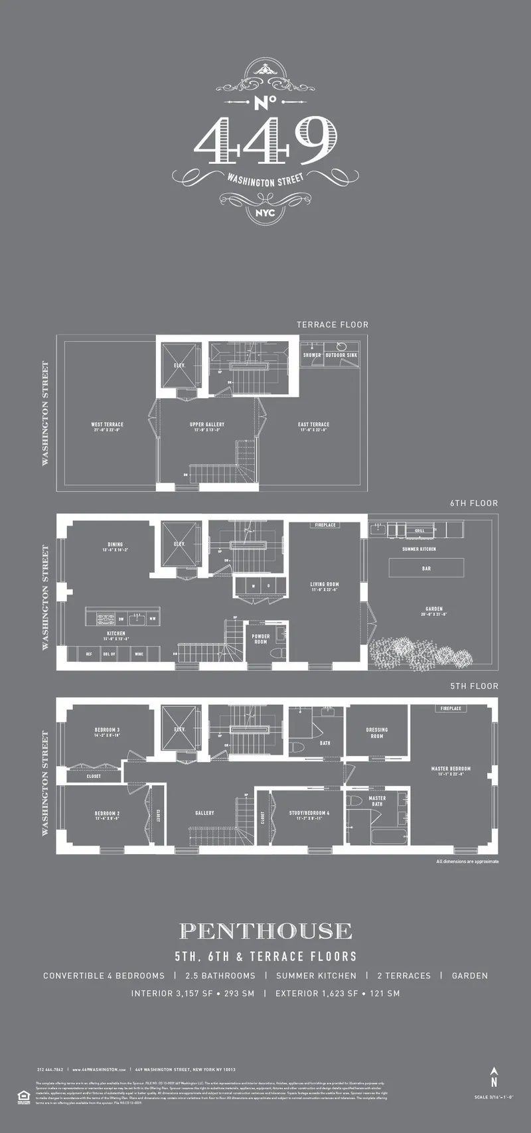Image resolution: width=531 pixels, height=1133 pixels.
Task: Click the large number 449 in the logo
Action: [265, 141]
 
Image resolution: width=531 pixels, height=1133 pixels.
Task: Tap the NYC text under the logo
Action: [265, 213]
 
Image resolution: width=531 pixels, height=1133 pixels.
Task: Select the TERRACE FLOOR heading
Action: [332, 325]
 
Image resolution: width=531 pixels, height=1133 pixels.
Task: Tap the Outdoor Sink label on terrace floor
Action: [341, 355]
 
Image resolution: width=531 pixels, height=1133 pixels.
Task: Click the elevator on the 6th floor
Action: [180, 543]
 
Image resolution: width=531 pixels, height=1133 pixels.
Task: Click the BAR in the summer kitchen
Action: [426, 568]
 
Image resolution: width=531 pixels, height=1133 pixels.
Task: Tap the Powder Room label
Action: [261, 639]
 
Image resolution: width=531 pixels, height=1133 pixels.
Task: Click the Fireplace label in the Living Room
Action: [325, 525]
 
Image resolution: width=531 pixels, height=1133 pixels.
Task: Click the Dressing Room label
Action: [376, 733]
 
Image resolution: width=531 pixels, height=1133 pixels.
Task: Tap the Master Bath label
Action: [377, 801]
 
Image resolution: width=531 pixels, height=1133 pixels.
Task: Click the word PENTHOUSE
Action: [265, 931]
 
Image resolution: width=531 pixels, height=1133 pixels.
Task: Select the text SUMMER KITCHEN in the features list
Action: [316, 976]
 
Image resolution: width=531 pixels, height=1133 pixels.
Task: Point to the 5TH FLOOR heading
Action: [474, 686]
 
